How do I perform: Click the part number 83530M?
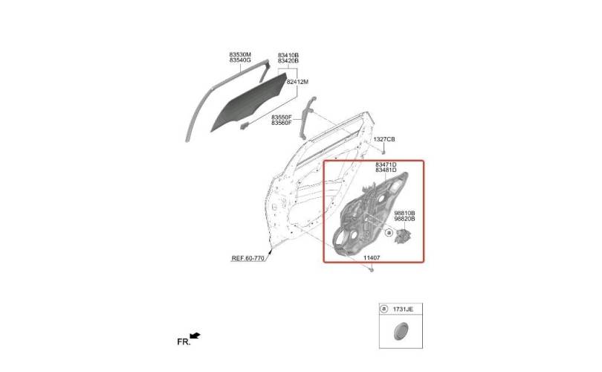(x=240, y=54)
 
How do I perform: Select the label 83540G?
(x=240, y=60)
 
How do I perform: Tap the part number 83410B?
(x=288, y=55)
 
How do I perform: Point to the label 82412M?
(x=297, y=82)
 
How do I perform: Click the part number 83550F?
(x=282, y=117)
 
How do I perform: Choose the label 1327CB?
(x=384, y=139)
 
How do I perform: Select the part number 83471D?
(x=386, y=164)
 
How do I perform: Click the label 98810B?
(x=404, y=213)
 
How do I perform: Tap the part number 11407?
(x=372, y=258)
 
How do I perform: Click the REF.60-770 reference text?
(x=248, y=258)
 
